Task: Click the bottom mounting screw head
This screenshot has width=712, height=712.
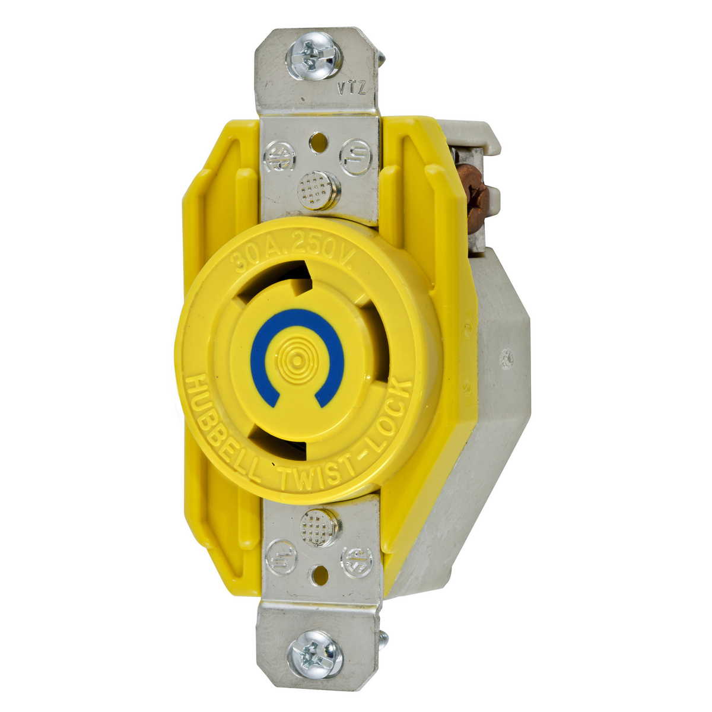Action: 314,657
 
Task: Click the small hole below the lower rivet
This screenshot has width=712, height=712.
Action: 319,573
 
